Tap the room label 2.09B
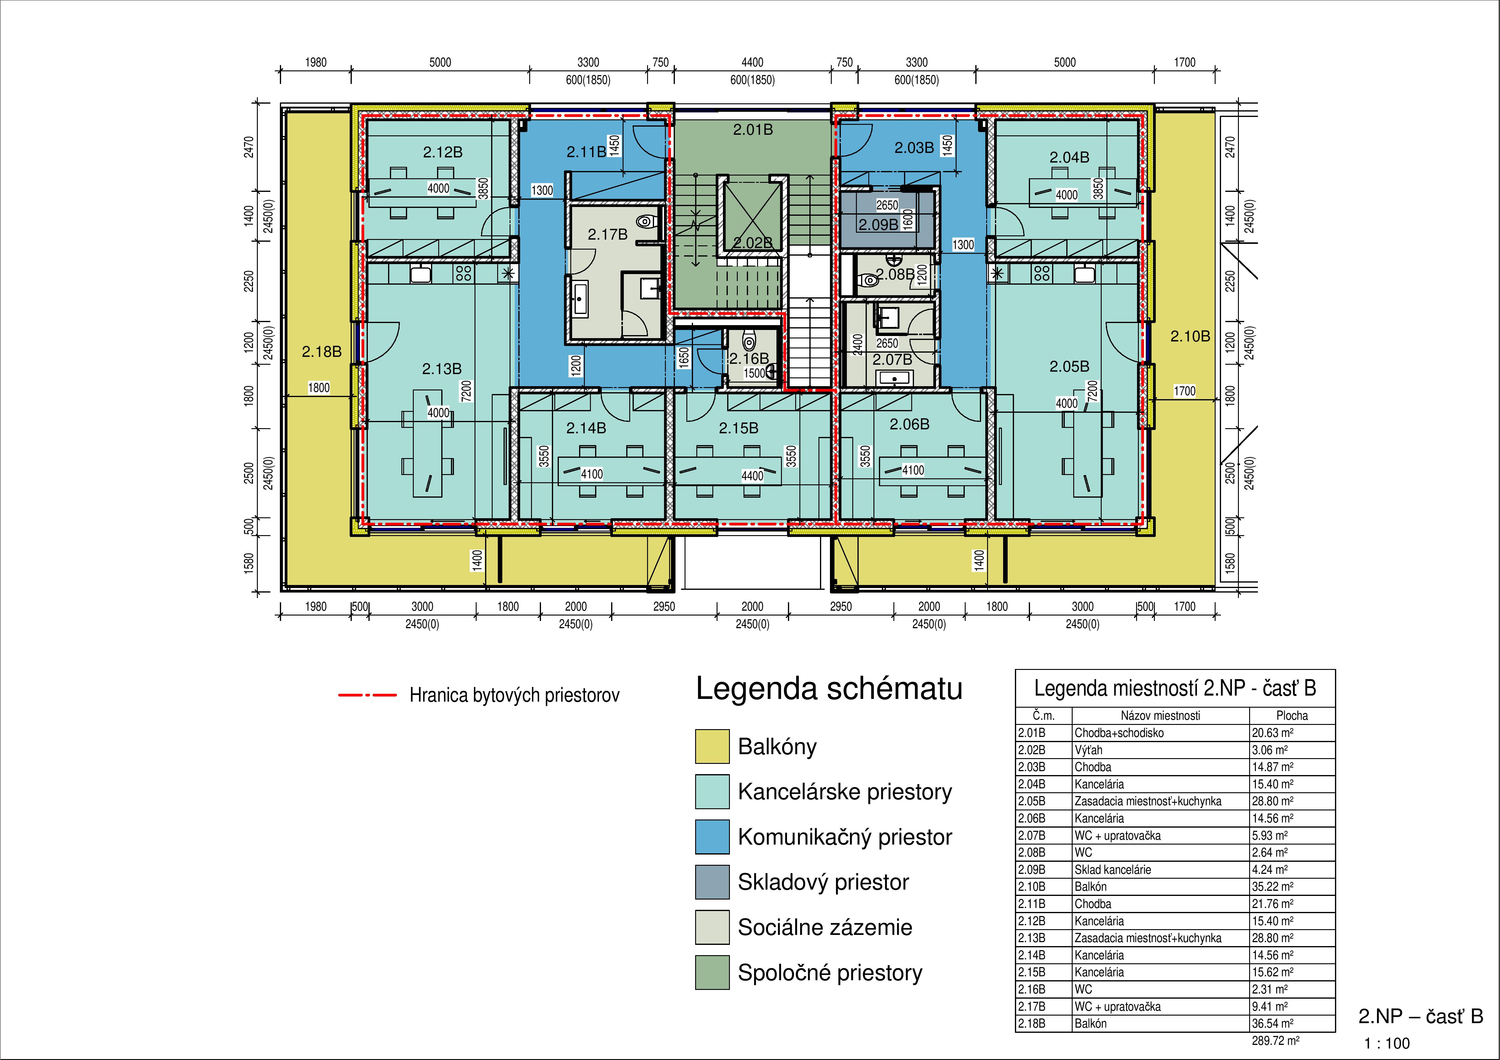pos(878,225)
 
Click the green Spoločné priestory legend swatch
pos(712,972)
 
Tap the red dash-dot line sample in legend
pos(367,695)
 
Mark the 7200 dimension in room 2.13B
pos(466,391)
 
